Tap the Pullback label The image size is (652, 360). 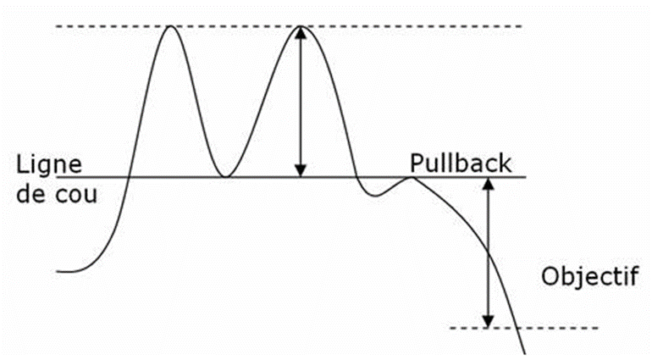(461, 163)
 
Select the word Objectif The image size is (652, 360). (588, 277)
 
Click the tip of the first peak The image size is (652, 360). (171, 27)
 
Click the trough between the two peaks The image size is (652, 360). (224, 176)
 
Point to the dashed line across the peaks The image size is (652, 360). (381, 27)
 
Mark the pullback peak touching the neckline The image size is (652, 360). (412, 177)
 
